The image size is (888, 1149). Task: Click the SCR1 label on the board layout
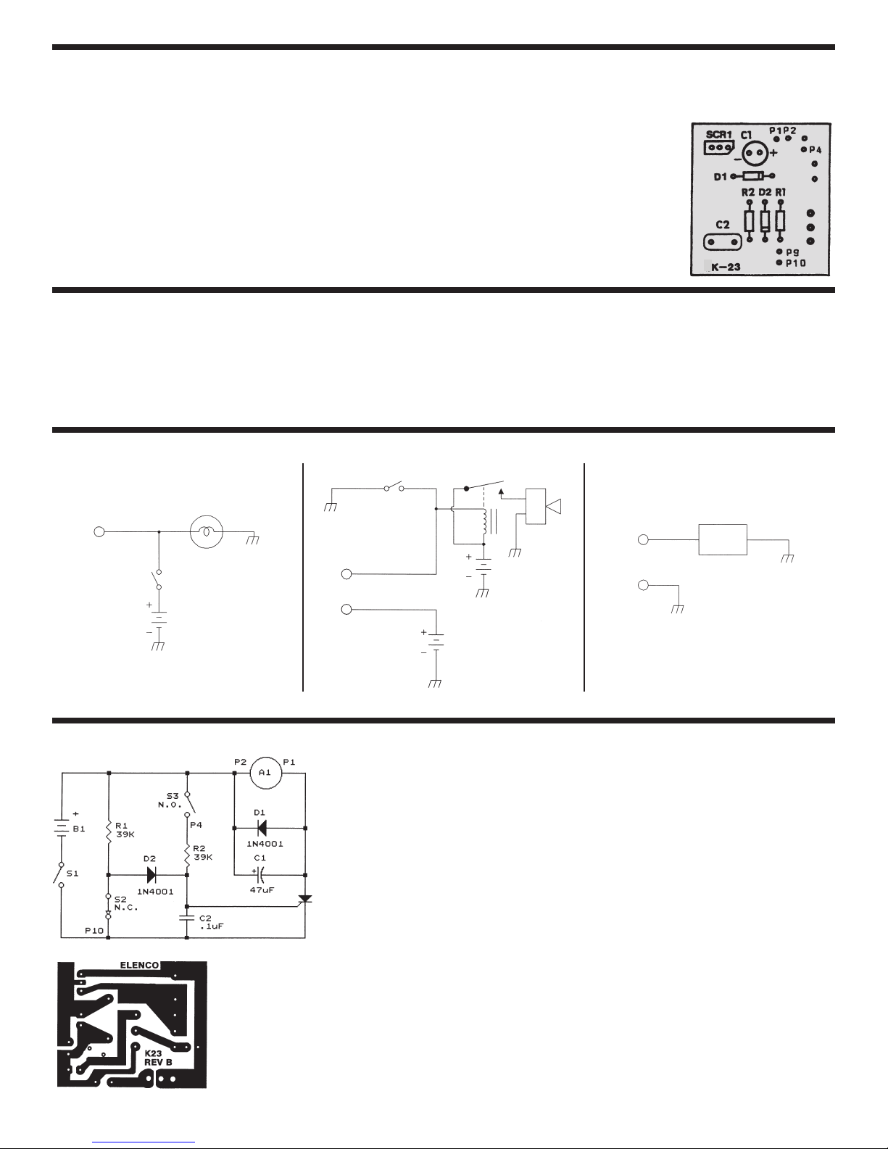(719, 135)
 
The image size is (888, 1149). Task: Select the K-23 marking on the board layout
(726, 267)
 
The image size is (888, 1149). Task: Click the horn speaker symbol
(553, 507)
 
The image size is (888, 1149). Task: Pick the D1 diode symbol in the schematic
(261, 828)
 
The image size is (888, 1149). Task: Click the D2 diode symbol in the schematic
(152, 875)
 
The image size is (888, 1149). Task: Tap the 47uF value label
(262, 890)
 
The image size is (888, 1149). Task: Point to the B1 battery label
(79, 829)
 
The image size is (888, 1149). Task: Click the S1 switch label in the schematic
(72, 873)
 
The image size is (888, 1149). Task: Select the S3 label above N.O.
(173, 796)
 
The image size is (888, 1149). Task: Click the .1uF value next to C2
(212, 926)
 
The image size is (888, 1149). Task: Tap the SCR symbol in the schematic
(305, 899)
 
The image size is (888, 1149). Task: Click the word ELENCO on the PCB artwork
(139, 965)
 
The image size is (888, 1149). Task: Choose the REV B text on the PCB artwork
(158, 1062)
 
